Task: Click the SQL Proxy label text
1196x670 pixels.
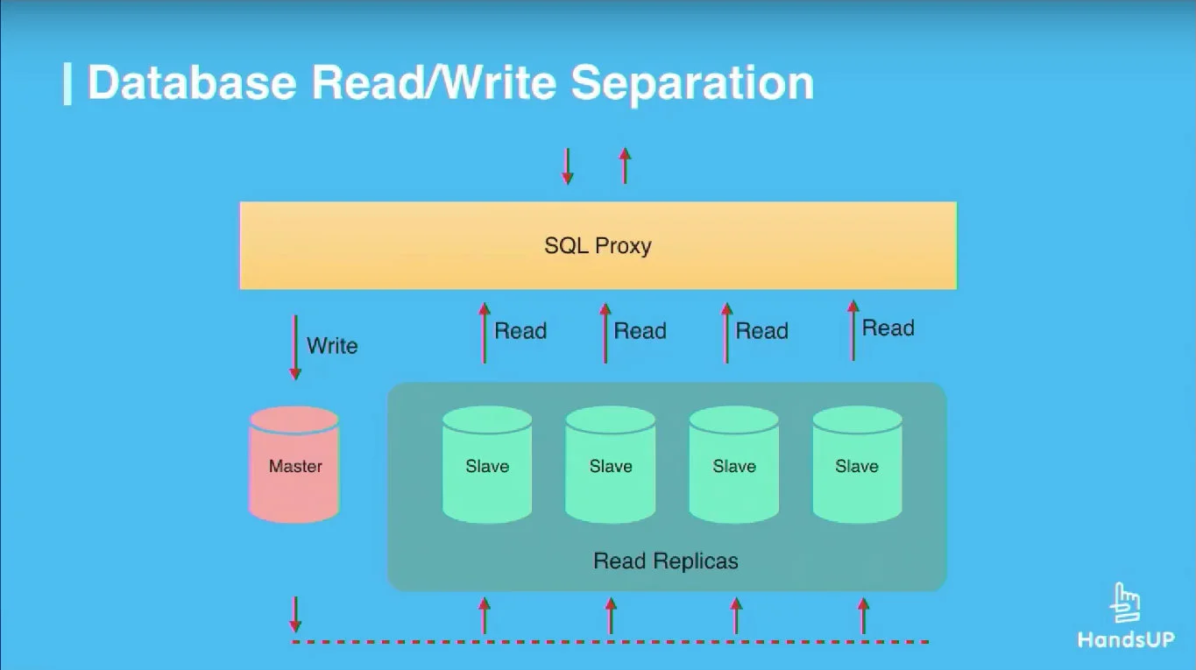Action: pos(598,245)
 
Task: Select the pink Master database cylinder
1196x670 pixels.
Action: pos(294,465)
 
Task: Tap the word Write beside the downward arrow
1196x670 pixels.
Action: pos(332,346)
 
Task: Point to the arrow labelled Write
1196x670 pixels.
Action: pos(295,347)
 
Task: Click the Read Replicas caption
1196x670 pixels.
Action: pos(666,561)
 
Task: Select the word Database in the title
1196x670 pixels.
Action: pos(192,82)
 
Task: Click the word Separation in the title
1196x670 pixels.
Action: pos(692,82)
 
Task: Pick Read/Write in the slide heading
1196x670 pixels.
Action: pos(434,82)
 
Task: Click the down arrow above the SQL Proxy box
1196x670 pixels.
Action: pos(567,166)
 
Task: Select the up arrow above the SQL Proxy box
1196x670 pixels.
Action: pos(625,166)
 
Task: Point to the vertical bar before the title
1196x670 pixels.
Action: pos(67,83)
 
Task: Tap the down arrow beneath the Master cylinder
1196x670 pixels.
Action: pos(295,614)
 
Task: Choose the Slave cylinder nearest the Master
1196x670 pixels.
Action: pos(487,465)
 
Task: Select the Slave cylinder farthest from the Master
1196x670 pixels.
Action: pos(857,465)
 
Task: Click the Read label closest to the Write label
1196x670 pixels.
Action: pos(520,331)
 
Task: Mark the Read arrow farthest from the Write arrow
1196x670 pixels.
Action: pos(853,330)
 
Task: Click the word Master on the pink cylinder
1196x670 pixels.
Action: pos(295,467)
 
